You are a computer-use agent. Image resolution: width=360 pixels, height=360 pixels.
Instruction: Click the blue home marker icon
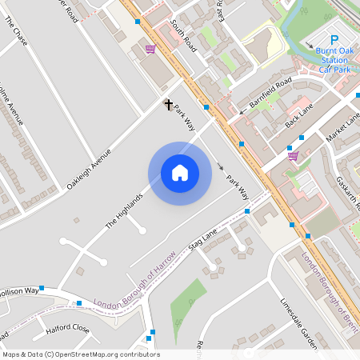(180, 173)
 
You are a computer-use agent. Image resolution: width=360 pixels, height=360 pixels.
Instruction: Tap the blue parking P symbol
(334, 39)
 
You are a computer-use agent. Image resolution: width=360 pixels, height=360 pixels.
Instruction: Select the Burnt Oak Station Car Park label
(331, 60)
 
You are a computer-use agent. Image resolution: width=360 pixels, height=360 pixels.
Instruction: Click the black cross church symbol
(169, 104)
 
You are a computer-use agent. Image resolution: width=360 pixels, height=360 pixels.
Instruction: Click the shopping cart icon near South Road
(150, 49)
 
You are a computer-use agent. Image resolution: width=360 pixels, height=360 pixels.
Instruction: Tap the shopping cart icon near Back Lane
(293, 156)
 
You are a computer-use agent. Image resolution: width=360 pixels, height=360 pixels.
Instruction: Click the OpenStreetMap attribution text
(81, 354)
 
